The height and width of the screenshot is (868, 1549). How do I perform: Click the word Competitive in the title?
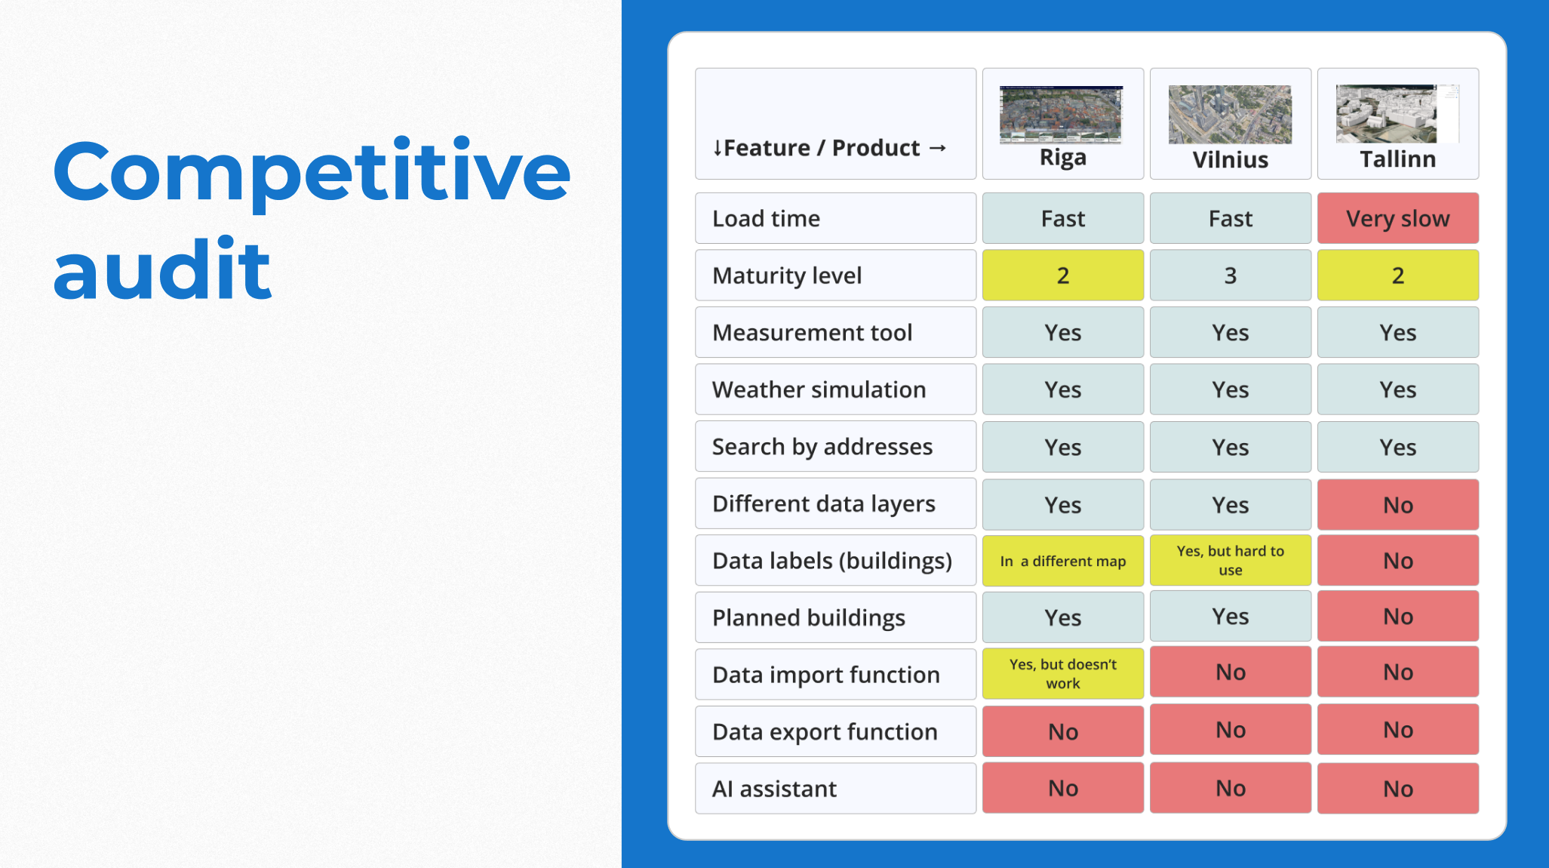pyautogui.click(x=312, y=172)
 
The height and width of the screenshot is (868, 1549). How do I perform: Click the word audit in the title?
pyautogui.click(x=162, y=269)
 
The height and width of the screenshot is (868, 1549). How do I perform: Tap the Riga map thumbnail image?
pyautogui.click(x=1061, y=114)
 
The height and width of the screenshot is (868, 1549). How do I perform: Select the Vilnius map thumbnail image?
pyautogui.click(x=1230, y=114)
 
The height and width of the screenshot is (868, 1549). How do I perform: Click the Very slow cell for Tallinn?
pyautogui.click(x=1398, y=218)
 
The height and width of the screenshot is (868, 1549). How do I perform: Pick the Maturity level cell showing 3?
pyautogui.click(x=1231, y=275)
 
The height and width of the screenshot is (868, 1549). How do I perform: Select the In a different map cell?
pyautogui.click(x=1063, y=561)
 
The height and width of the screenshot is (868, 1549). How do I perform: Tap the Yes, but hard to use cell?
pyautogui.click(x=1231, y=561)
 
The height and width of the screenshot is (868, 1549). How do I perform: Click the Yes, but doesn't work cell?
pyautogui.click(x=1063, y=674)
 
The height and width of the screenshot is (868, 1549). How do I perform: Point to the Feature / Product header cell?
pyautogui.click(x=835, y=124)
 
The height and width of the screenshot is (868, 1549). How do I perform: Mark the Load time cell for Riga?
pyautogui.click(x=1063, y=218)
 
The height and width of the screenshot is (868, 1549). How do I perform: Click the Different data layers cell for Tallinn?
pyautogui.click(x=1398, y=504)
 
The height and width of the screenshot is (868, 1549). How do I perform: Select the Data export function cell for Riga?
pyautogui.click(x=1063, y=731)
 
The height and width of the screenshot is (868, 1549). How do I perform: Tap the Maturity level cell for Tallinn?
pyautogui.click(x=1398, y=275)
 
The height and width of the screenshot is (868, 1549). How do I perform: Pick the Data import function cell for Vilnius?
pyautogui.click(x=1231, y=672)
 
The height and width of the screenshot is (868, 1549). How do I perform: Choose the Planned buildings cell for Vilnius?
pyautogui.click(x=1231, y=617)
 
